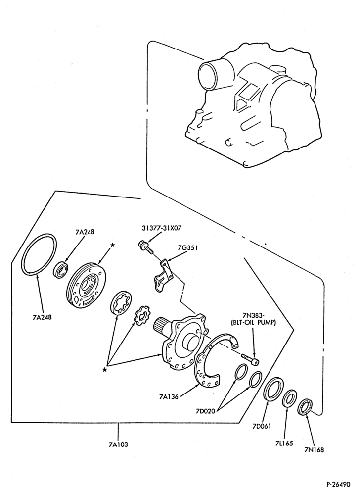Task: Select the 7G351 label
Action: [187, 248]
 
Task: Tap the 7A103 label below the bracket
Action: [118, 444]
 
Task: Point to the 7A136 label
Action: [168, 397]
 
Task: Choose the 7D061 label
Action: [261, 426]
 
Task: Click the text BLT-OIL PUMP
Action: [253, 323]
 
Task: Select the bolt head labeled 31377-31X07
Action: [141, 245]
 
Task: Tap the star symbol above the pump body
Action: [112, 245]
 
